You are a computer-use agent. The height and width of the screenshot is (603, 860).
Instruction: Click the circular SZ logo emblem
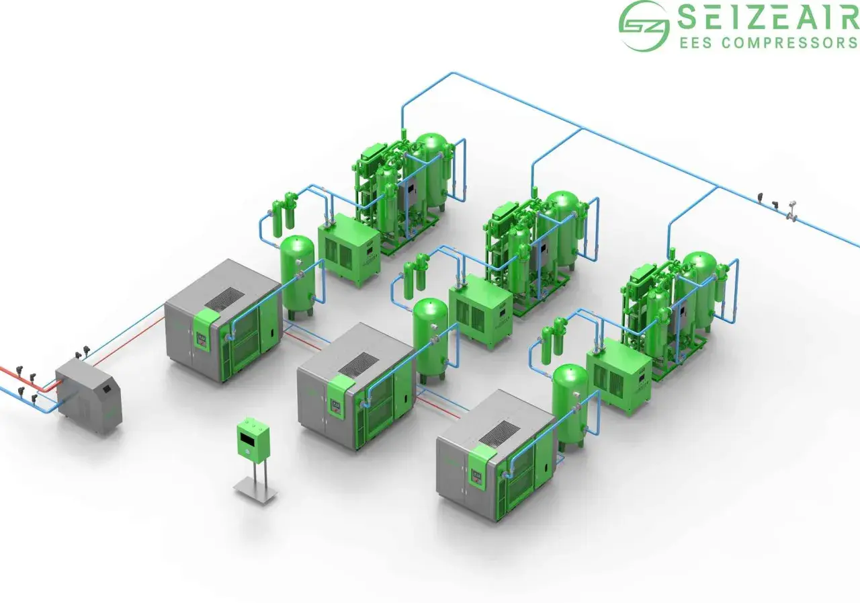(x=644, y=26)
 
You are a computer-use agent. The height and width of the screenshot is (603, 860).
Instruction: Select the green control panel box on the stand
(x=253, y=438)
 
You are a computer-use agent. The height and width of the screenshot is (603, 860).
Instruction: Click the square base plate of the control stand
(x=255, y=491)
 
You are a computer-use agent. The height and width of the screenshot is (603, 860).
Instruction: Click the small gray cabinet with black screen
(x=89, y=397)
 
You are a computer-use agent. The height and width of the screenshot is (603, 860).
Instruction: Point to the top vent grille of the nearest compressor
(x=500, y=433)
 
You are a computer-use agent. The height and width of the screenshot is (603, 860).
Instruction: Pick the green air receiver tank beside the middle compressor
(x=430, y=341)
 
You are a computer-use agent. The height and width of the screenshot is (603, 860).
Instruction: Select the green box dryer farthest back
(x=349, y=249)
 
